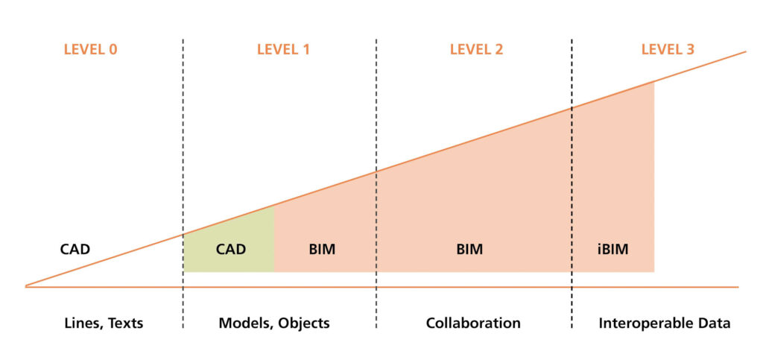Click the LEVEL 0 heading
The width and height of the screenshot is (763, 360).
(x=90, y=50)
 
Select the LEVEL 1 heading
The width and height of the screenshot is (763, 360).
(x=283, y=50)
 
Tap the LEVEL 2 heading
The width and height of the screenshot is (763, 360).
(x=476, y=50)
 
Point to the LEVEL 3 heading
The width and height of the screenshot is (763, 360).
(x=668, y=50)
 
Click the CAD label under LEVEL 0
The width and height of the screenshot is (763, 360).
(x=75, y=250)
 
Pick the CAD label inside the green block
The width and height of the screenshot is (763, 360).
(x=231, y=250)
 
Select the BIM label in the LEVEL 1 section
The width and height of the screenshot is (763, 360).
(x=322, y=250)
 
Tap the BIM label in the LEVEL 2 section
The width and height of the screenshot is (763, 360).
(x=469, y=250)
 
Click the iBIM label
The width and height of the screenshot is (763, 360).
(x=612, y=250)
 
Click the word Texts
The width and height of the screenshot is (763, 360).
(x=125, y=323)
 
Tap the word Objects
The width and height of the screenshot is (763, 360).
(x=304, y=323)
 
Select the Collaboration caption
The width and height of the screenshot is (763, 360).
(x=473, y=323)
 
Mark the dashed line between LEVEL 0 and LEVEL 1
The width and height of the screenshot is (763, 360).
(x=183, y=183)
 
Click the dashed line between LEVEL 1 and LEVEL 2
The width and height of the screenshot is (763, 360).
(x=376, y=183)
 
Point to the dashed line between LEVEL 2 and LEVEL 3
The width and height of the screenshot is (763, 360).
(x=572, y=183)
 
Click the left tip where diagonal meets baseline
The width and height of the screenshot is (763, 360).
(x=26, y=286)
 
